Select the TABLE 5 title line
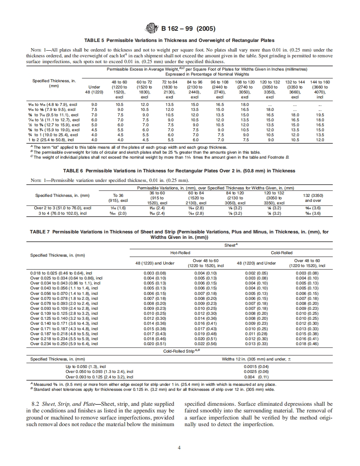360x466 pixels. point(179,40)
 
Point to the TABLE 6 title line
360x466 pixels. point(179,171)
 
